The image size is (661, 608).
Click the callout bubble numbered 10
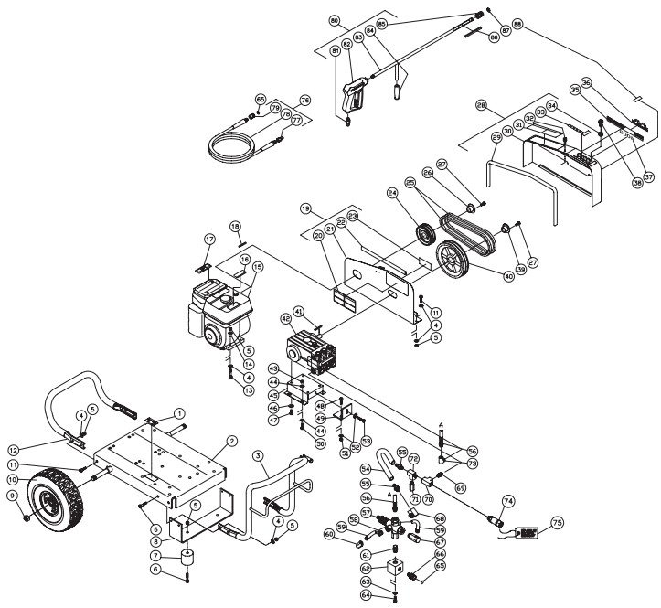click(x=13, y=478)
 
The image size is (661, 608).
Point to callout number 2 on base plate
click(x=232, y=441)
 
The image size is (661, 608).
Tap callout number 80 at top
click(x=334, y=19)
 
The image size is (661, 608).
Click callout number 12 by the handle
click(x=13, y=449)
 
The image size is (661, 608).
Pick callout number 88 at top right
click(x=520, y=24)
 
